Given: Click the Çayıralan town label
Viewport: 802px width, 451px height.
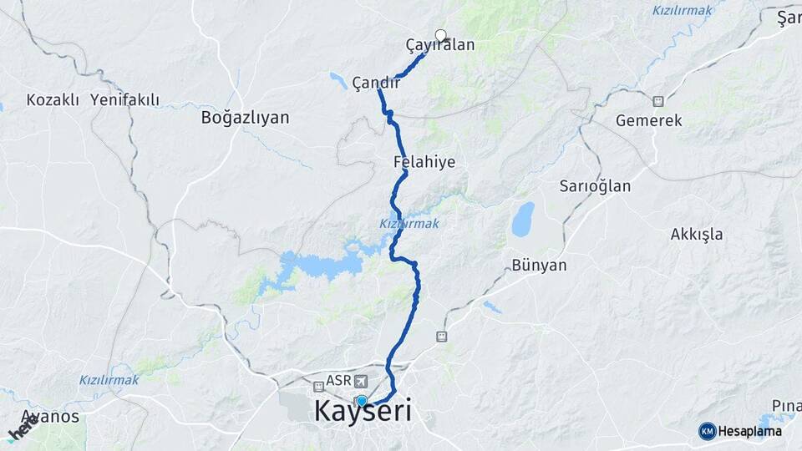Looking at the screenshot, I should coord(439,45).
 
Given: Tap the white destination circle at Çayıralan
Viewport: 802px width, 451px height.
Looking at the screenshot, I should coord(440,36).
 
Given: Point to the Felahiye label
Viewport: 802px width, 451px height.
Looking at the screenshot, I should coord(424,161).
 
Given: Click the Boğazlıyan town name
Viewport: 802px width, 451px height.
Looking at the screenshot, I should coord(245,118).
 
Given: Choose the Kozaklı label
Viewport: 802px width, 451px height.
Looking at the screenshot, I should coord(53,100).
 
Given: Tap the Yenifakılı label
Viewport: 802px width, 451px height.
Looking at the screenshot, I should coord(124,100).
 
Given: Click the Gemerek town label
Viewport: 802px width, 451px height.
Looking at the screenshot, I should coord(648,120).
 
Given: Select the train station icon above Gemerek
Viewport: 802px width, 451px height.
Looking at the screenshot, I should coord(658,101).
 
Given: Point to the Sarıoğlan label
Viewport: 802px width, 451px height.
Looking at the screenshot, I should coord(595,186).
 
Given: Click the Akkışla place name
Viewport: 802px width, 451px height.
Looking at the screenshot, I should coord(696,234).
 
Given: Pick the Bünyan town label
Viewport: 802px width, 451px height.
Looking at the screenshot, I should coord(539,266).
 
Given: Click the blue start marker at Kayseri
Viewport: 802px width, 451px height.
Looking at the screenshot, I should coord(361,401).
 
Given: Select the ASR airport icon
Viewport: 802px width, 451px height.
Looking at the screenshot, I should coord(360,381).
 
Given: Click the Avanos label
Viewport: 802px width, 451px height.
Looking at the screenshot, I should coord(50,416).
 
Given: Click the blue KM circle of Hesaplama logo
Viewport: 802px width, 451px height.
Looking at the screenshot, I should coord(707,431).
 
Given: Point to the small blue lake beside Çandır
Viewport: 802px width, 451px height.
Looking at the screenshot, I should coord(338,80).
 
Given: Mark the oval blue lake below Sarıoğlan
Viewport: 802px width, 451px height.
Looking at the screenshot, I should coord(523,219).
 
